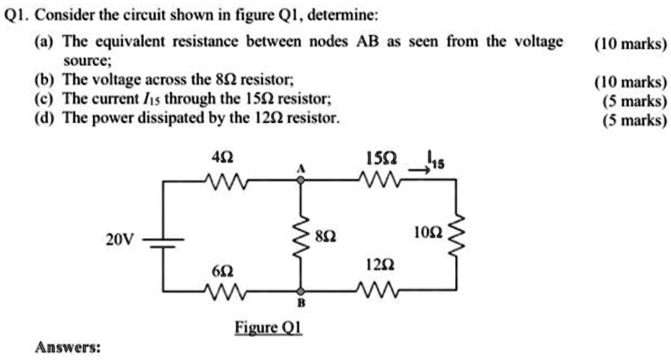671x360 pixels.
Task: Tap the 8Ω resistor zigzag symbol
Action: click(x=301, y=235)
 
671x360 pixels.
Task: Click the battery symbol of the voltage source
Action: click(x=163, y=239)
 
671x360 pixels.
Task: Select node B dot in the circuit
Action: click(x=301, y=290)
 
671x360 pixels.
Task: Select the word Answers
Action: click(x=68, y=347)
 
